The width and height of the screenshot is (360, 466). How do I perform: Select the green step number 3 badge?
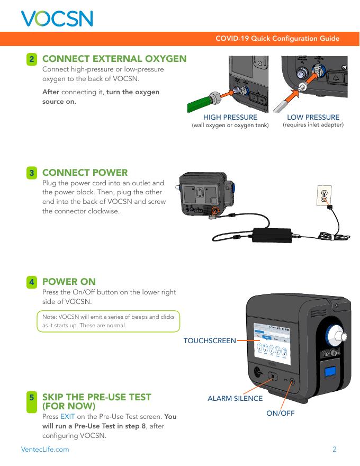pos(33,173)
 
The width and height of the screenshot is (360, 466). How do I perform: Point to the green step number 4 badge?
pos(33,282)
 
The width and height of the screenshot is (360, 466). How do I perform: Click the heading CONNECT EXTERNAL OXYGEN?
pos(114,58)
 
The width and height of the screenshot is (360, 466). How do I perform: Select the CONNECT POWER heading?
pos(85,173)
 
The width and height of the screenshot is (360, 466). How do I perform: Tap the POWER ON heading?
pos(69,282)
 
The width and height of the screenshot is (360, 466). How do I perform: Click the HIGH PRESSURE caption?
pos(230,117)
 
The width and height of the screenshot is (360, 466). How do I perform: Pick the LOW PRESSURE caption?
pos(313,117)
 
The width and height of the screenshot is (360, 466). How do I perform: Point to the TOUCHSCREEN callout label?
pos(209,340)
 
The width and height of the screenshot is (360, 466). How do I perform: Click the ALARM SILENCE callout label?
pos(235,398)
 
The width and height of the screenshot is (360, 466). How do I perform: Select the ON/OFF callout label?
pos(281,413)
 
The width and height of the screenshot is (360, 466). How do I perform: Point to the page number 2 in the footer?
pos(335,450)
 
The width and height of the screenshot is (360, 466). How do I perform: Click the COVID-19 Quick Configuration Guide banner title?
pos(277,39)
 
